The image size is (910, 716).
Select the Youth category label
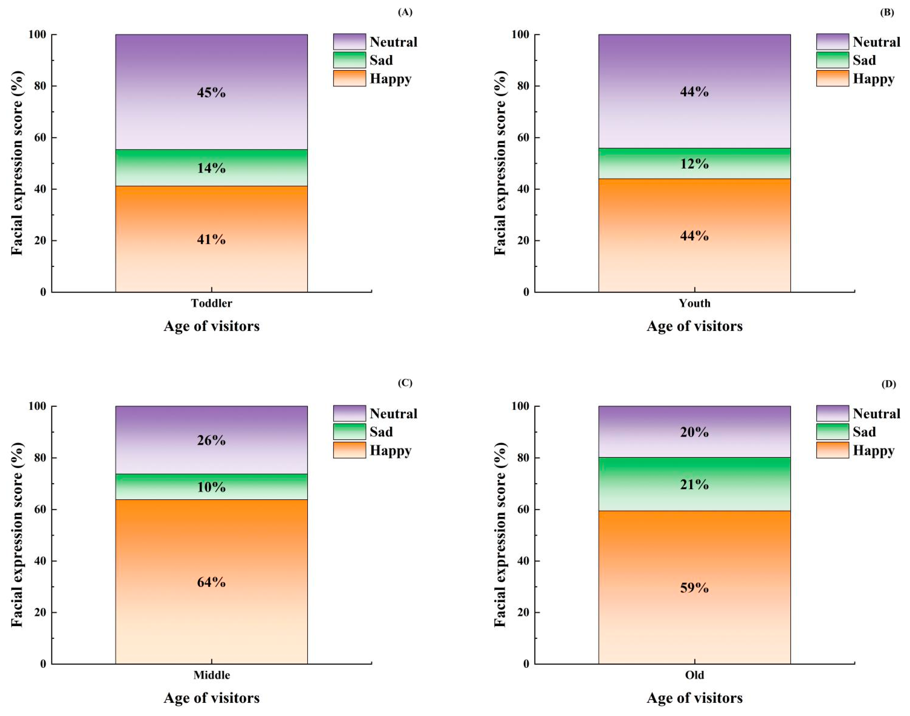click(694, 303)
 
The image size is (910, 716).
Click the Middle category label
click(212, 675)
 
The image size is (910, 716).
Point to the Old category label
click(694, 675)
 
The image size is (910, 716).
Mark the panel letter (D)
click(888, 384)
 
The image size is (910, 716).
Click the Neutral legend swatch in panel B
click(832, 42)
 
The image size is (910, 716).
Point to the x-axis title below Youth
click(694, 326)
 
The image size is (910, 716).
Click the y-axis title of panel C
click(17, 535)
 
